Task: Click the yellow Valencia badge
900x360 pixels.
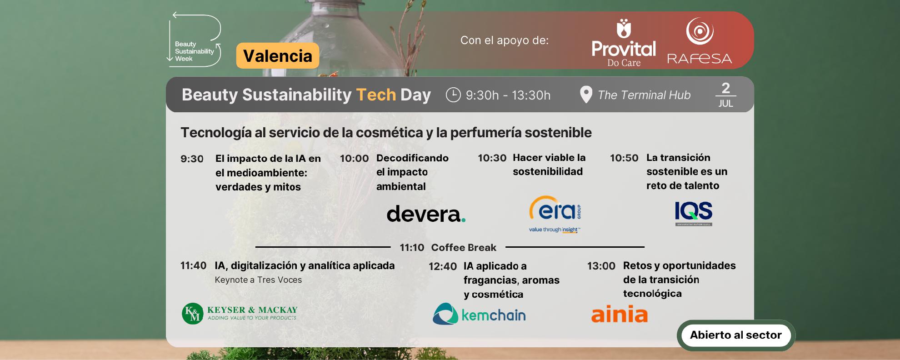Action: pyautogui.click(x=277, y=56)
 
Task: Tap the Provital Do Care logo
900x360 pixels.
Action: pyautogui.click(x=624, y=43)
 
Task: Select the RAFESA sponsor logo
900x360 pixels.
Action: pyautogui.click(x=700, y=40)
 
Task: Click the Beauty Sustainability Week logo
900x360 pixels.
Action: pyautogui.click(x=195, y=40)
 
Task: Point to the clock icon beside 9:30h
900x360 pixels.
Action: pyautogui.click(x=453, y=95)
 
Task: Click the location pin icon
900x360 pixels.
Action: pyautogui.click(x=586, y=95)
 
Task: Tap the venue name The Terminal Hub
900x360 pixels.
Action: pyautogui.click(x=644, y=95)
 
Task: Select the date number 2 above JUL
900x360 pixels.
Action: pyautogui.click(x=725, y=87)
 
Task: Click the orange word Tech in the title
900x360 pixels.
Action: pyautogui.click(x=376, y=95)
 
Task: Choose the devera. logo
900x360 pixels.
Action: pyautogui.click(x=426, y=214)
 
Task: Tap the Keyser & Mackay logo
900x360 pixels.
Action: pyautogui.click(x=240, y=313)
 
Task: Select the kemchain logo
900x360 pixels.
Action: pyautogui.click(x=479, y=314)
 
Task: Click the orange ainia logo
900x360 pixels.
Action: pyautogui.click(x=619, y=314)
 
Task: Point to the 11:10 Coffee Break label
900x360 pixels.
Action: pyautogui.click(x=448, y=247)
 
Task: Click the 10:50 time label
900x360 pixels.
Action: pyautogui.click(x=624, y=158)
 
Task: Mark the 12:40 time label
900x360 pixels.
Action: pyautogui.click(x=443, y=266)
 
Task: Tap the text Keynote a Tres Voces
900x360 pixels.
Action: pyautogui.click(x=258, y=280)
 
